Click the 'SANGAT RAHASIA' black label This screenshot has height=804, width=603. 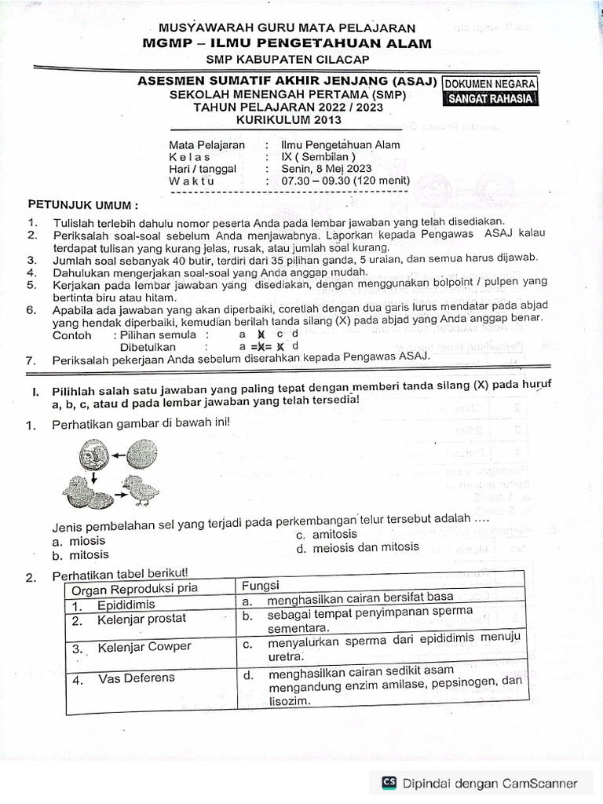491,99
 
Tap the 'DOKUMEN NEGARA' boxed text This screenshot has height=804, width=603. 491,84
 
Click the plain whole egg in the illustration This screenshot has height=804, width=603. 141,453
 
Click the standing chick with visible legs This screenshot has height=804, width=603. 141,492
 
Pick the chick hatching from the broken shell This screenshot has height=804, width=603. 87,494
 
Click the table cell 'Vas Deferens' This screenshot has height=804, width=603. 136,678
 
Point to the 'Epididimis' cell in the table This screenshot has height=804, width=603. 126,605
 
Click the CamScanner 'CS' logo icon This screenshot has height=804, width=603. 389,782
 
